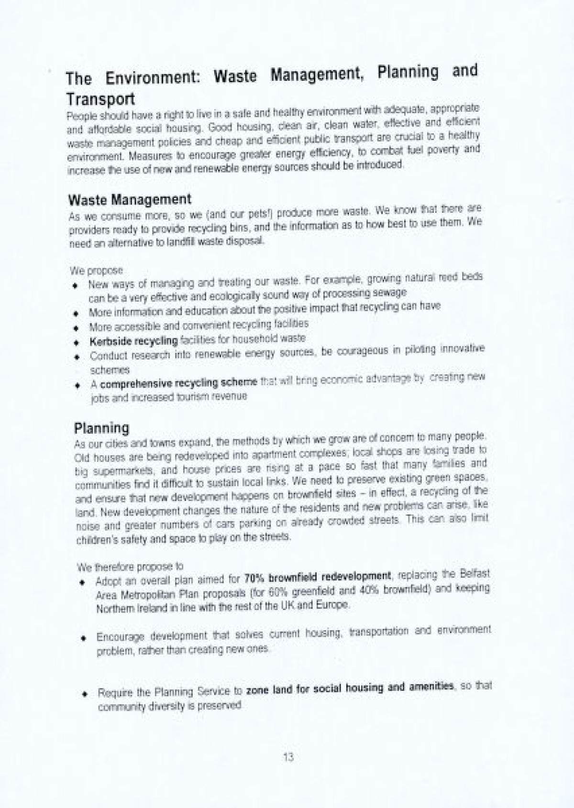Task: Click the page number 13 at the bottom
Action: pos(288,757)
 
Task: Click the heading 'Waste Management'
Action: pos(130,199)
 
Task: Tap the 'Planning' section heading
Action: pos(101,427)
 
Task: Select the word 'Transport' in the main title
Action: pos(100,99)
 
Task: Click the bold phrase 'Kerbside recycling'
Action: pos(133,341)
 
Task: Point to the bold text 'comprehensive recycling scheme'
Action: pos(178,383)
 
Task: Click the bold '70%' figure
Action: pos(252,578)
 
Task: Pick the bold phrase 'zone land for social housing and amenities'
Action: pos(349,688)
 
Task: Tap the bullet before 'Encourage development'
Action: pos(83,638)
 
